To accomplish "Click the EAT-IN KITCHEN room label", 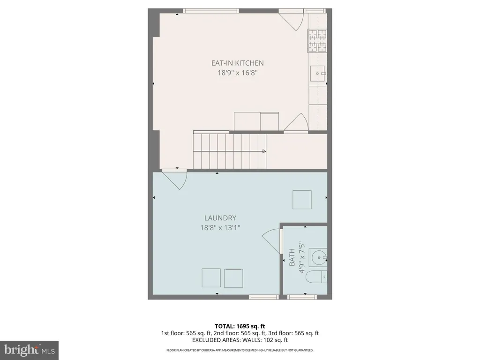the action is click(238, 63).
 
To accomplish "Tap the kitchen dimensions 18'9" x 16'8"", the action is click(238, 73).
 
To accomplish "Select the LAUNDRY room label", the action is click(220, 218).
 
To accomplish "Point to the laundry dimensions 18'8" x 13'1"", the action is click(220, 228).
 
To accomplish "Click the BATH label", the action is click(292, 257).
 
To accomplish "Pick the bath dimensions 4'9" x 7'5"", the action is click(302, 257).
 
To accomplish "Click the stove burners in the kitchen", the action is click(317, 40).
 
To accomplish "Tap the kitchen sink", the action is click(317, 74).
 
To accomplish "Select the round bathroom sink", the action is click(318, 257).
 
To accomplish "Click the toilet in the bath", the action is click(317, 277).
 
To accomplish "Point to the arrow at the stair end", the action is click(264, 151).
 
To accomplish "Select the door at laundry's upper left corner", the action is click(174, 179).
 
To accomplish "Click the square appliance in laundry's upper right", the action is click(302, 200).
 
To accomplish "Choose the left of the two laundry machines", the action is click(211, 278).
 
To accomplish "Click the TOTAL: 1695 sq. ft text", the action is click(240, 326).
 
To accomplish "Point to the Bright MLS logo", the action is click(29, 350).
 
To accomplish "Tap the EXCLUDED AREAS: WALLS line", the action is click(240, 340).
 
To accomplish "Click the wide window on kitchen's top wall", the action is click(211, 11).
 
